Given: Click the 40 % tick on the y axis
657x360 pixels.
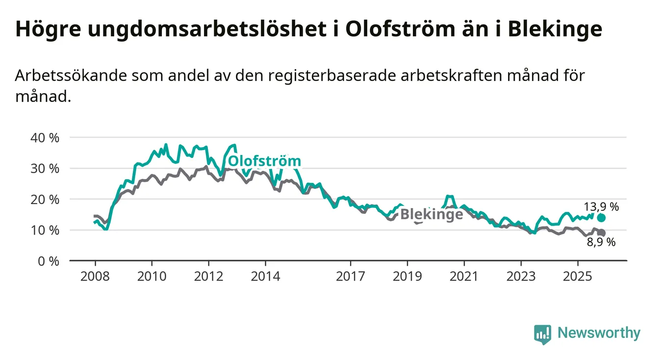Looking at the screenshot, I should [45, 138].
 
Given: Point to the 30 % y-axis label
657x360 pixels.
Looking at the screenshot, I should [45, 169].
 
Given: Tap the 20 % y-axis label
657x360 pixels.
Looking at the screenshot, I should [45, 200].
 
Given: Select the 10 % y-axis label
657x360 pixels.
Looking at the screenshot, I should [45, 231].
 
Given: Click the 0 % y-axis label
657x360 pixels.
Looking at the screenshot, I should [48, 261].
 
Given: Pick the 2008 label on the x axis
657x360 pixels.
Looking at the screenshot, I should [95, 276].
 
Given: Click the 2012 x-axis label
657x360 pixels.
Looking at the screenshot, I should [208, 276].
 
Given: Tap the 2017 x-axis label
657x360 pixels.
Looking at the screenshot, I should [350, 276].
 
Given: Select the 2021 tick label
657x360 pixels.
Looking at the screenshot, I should [464, 276].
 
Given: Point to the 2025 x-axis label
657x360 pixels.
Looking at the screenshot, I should [577, 276].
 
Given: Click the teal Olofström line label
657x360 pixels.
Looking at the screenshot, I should [265, 161].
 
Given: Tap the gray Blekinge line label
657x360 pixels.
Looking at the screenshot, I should [431, 214].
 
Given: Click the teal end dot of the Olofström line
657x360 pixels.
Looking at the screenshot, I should [601, 218].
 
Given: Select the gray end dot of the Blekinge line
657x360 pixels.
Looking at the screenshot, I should [601, 233].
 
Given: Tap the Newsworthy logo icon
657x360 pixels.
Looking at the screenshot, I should [542, 334].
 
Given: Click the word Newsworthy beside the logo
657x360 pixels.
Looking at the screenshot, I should [599, 334].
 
